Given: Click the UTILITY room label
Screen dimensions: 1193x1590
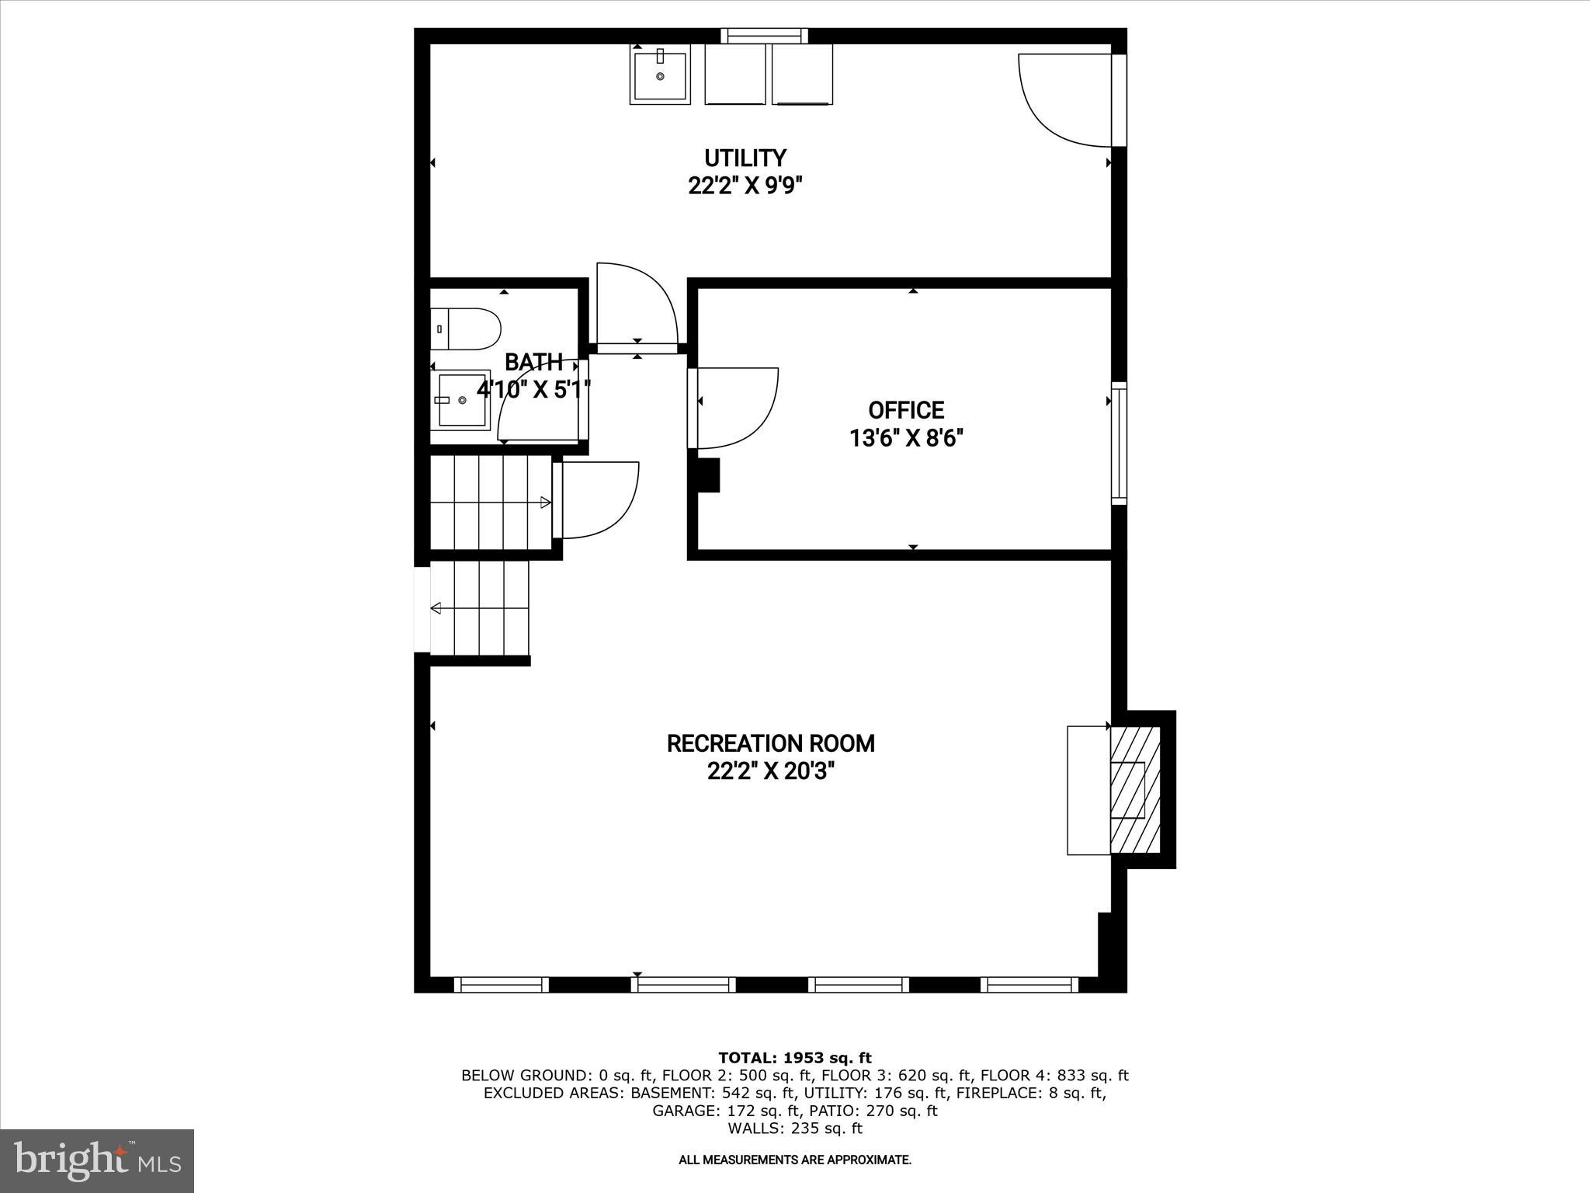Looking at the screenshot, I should (x=745, y=158).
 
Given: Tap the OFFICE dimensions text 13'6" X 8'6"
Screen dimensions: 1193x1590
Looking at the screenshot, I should (x=906, y=439).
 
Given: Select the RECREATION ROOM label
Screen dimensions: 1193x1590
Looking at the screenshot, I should (x=770, y=744).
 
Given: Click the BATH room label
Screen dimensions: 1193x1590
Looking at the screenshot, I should (x=533, y=362).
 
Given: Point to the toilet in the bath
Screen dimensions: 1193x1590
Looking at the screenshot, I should (x=466, y=329).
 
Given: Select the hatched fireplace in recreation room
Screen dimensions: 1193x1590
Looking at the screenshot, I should (x=1135, y=790).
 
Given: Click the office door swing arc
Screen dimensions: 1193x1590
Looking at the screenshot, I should (x=745, y=412).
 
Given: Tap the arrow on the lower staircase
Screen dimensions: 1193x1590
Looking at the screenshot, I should (x=436, y=607).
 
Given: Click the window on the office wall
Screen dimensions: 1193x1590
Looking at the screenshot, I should (x=1119, y=443).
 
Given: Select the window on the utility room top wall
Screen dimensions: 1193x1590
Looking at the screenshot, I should (x=764, y=36).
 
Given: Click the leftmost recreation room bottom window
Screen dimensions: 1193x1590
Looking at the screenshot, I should (x=501, y=984).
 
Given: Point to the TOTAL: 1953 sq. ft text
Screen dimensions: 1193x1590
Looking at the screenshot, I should (x=794, y=1058).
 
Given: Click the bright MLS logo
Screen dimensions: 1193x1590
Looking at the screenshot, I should (x=97, y=1161).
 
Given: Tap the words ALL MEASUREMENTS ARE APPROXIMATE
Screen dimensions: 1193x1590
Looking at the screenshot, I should (x=794, y=1160).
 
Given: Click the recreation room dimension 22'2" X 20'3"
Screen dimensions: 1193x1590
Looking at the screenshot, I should (x=770, y=772).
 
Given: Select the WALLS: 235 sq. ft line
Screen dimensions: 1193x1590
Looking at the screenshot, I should (x=794, y=1129).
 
